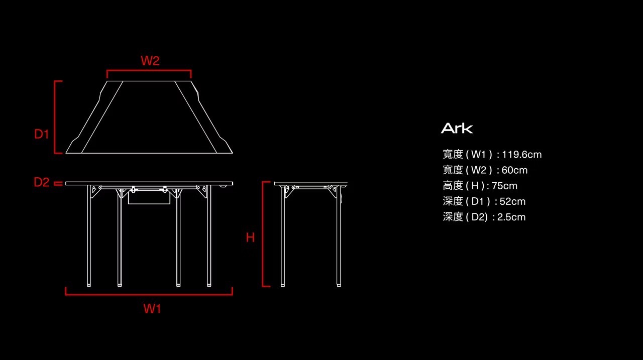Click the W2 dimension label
[x=150, y=61]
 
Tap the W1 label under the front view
[x=152, y=309]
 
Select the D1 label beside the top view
[x=42, y=134]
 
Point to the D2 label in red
[x=42, y=182]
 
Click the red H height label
[x=250, y=237]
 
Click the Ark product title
[x=457, y=129]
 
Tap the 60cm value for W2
[x=514, y=170]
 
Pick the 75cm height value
[x=504, y=186]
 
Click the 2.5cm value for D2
[x=511, y=217]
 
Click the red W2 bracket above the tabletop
[x=149, y=71]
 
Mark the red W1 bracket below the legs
[x=149, y=294]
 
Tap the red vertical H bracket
[x=263, y=234]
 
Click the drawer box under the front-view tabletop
[x=149, y=197]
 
